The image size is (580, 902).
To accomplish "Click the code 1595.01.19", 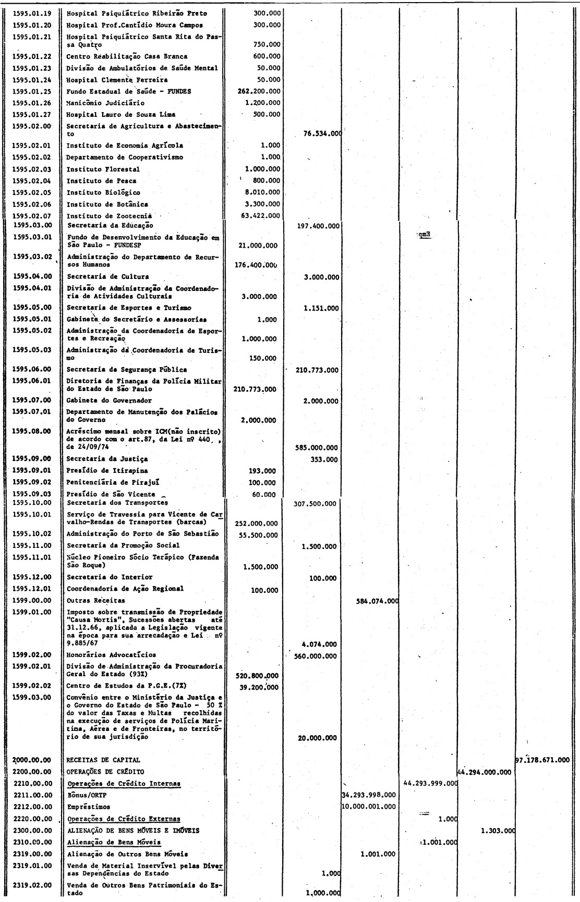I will point(33,14).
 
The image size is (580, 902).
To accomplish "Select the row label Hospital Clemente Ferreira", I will point(117,80).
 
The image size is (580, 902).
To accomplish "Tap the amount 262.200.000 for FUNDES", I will point(259,91).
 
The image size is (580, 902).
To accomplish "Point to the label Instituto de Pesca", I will point(102,181).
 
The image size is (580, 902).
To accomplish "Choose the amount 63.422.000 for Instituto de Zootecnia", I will point(260,215).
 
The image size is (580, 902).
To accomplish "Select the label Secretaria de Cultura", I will point(107,276).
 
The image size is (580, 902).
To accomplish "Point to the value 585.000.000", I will point(316,447).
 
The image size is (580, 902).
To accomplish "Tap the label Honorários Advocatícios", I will point(111,655).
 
